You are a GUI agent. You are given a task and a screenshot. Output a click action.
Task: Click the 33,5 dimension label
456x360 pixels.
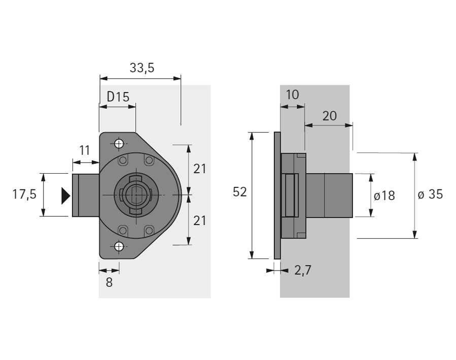[142, 68]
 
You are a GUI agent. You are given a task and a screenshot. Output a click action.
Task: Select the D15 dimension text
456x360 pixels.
[118, 96]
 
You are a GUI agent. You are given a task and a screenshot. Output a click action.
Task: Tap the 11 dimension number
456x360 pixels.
[85, 150]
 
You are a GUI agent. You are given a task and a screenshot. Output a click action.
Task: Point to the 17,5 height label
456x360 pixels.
[24, 194]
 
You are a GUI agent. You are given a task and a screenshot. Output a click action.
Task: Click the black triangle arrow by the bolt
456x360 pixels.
[65, 195]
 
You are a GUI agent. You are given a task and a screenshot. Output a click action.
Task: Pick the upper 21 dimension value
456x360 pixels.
[199, 169]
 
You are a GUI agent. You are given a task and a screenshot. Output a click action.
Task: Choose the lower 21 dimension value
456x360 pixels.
[199, 221]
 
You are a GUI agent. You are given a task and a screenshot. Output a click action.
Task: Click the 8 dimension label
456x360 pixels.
[109, 282]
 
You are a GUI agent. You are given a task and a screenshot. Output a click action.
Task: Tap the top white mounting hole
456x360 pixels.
[119, 144]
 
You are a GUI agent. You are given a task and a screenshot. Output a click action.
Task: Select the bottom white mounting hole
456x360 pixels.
[119, 247]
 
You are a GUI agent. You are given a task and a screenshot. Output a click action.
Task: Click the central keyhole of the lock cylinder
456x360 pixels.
[136, 194]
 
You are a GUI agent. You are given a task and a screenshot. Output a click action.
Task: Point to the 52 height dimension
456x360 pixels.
[239, 192]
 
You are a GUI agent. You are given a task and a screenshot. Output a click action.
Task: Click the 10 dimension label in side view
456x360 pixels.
[292, 95]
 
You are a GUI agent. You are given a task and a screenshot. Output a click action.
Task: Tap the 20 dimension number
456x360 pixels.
[330, 116]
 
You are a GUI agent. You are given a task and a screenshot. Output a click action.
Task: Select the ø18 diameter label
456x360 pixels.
[384, 196]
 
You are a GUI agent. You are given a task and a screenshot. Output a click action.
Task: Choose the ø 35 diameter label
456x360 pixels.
[430, 194]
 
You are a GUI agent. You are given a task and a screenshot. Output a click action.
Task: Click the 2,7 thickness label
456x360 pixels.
[303, 270]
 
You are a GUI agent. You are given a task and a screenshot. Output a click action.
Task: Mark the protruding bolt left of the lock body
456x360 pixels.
[86, 195]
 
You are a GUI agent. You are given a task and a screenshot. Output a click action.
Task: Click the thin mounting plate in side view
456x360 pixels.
[277, 195]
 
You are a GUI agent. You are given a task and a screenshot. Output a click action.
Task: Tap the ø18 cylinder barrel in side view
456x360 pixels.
[329, 195]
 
